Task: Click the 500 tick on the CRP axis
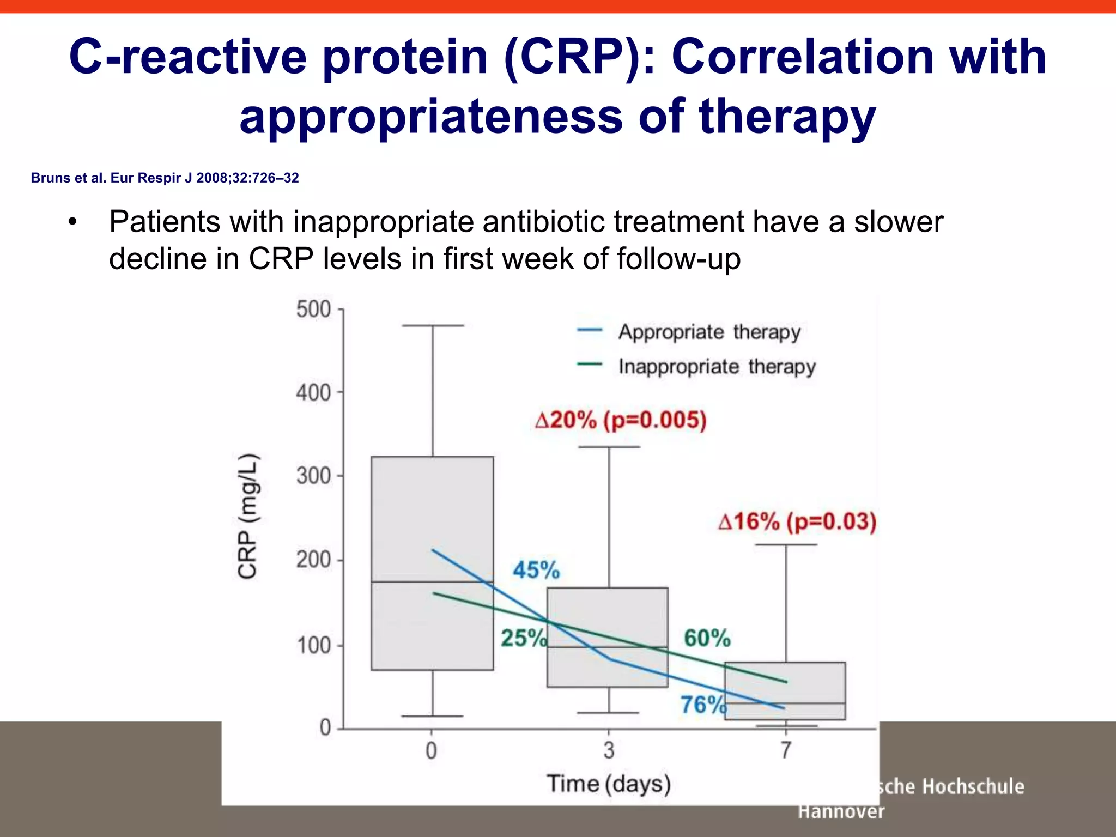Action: click(314, 309)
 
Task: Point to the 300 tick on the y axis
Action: click(314, 476)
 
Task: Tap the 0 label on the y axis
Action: click(325, 727)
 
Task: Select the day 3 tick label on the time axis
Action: click(609, 750)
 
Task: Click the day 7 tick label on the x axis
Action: click(785, 750)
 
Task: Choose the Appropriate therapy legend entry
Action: click(708, 332)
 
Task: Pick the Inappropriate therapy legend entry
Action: click(716, 366)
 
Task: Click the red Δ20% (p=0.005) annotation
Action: click(621, 420)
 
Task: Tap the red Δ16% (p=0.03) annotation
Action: click(797, 521)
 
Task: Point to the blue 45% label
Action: click(536, 570)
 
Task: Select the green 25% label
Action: click(523, 638)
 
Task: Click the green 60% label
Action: click(707, 638)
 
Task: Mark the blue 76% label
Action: click(703, 705)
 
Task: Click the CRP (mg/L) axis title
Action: click(248, 515)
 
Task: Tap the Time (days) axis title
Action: click(609, 784)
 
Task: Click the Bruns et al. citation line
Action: click(165, 178)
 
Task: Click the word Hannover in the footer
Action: click(841, 811)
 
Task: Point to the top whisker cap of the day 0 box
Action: click(433, 325)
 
